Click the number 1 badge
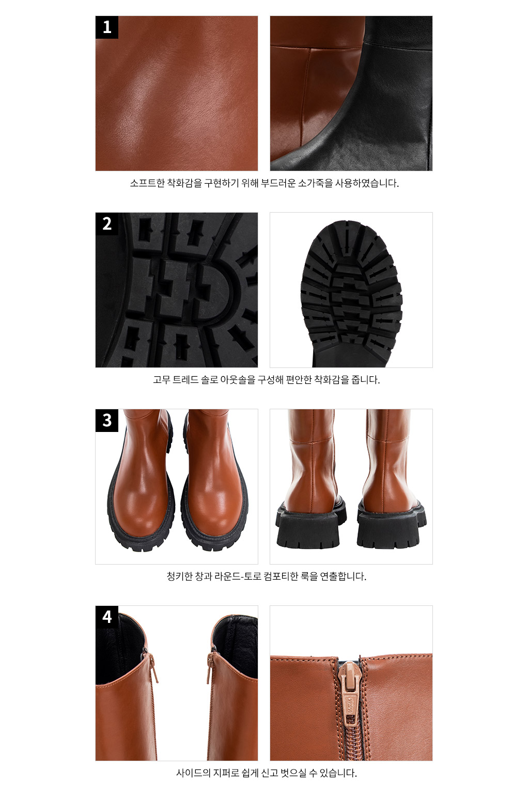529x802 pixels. click(x=107, y=27)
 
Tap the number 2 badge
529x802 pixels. click(x=107, y=224)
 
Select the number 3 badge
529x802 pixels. click(x=107, y=420)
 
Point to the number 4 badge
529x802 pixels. click(x=107, y=617)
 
